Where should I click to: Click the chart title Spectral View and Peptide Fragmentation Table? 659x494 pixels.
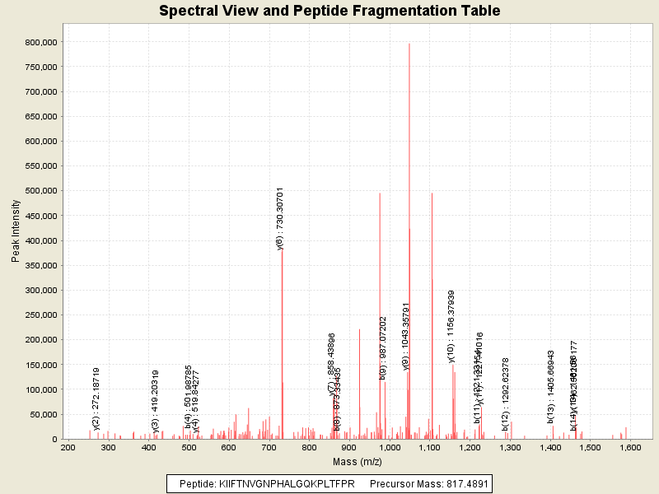pyautogui.click(x=329, y=12)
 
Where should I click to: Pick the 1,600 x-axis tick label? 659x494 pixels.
pyautogui.click(x=629, y=447)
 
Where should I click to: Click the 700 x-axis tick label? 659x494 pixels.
pyautogui.click(x=269, y=447)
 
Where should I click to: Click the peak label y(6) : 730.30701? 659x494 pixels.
pyautogui.click(x=280, y=218)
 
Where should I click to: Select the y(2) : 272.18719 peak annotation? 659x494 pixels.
pyautogui.click(x=96, y=398)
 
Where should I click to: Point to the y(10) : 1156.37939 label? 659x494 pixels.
pyautogui.click(x=451, y=326)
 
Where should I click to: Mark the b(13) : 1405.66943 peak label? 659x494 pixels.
pyautogui.click(x=551, y=386)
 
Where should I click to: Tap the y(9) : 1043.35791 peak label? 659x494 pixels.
pyautogui.click(x=406, y=336)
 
